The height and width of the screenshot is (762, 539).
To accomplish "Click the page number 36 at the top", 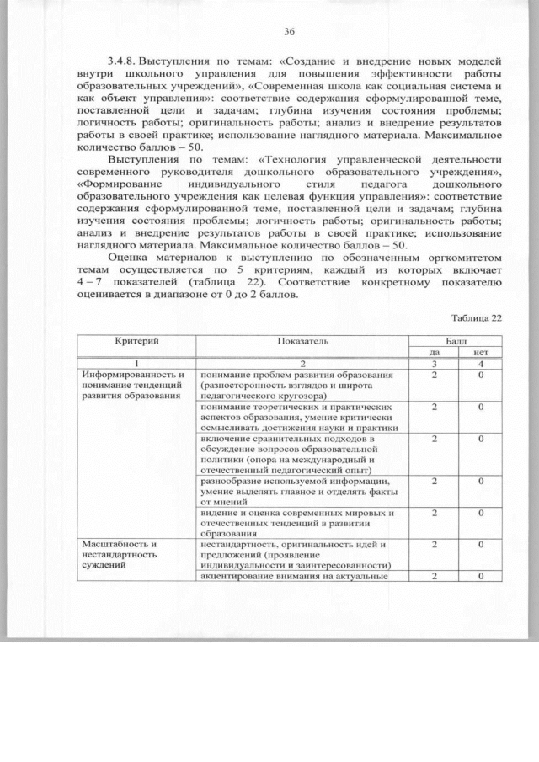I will coord(289,31).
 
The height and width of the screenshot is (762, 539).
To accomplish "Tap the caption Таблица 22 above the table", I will coord(476,317).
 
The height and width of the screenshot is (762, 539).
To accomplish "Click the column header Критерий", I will coord(136,339).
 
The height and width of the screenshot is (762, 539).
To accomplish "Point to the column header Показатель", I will coord(302,340).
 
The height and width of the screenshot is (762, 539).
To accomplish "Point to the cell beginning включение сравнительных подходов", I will coord(295,456).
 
